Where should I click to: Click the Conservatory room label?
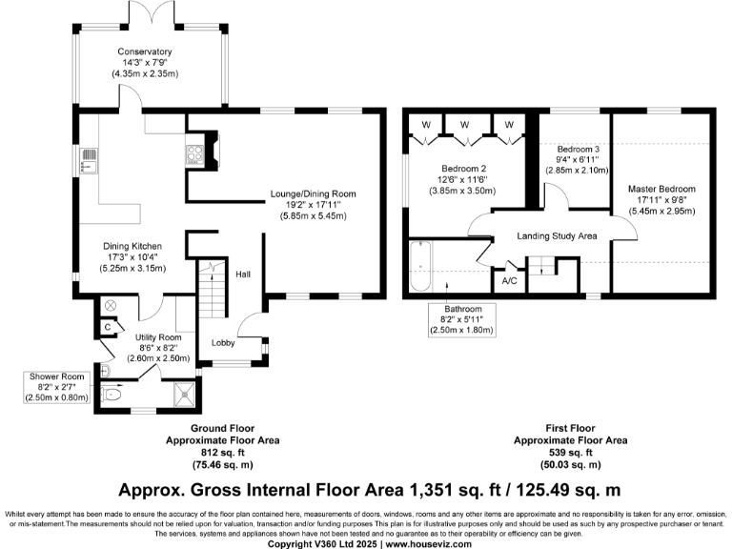(145, 51)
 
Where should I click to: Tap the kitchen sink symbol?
(89, 160)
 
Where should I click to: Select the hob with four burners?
(194, 154)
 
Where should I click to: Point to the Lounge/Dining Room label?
(314, 193)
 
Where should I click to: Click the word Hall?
(243, 274)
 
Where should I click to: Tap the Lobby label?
(223, 343)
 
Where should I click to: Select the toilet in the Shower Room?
(112, 395)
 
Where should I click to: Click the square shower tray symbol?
(185, 395)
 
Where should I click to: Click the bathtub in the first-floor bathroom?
(420, 266)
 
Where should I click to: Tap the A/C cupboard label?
(509, 281)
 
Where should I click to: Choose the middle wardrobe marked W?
(464, 125)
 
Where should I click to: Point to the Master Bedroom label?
(661, 189)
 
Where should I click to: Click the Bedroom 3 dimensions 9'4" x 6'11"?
(578, 160)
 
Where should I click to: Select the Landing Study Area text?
(557, 236)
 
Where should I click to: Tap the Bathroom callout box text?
(462, 320)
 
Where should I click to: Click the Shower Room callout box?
(57, 387)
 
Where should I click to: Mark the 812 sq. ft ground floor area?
(223, 453)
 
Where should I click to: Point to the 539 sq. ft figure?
(570, 453)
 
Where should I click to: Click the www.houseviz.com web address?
(429, 544)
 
